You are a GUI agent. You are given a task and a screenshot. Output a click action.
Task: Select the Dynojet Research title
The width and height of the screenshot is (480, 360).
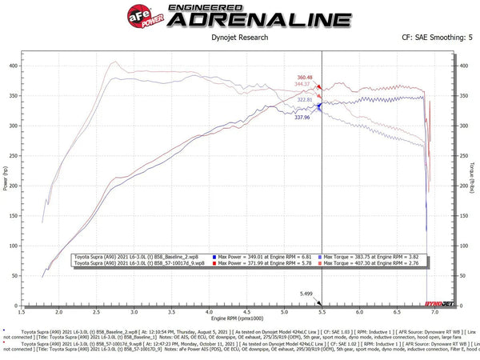coord(240,36)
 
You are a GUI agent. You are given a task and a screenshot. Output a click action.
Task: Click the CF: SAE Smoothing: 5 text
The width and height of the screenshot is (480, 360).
coord(432,36)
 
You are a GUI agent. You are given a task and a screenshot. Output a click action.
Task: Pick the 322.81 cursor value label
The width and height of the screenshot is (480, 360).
coord(305,99)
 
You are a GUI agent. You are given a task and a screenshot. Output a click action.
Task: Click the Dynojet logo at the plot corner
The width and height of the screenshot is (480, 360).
coord(443,305)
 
